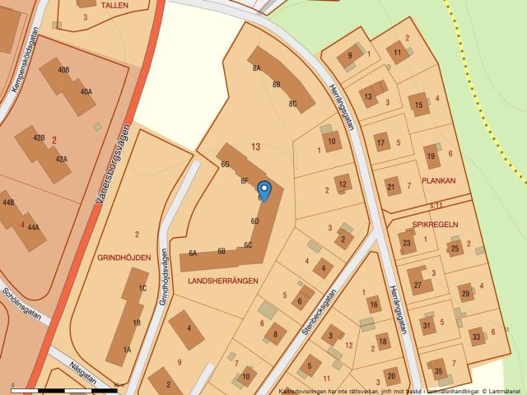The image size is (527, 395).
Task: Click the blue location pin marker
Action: point(263,189)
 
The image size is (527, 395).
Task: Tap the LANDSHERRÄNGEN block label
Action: point(223,281)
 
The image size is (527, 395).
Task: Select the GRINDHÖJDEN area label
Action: point(124,258)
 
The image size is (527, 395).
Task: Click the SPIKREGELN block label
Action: point(435,224)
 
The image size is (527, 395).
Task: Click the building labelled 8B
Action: point(277,84)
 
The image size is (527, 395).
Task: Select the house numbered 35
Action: point(439,370)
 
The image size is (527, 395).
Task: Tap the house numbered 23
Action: point(406,243)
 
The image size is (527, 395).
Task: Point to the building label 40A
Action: point(86,92)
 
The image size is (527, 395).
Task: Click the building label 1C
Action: point(142,289)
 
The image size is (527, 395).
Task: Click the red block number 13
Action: point(256,147)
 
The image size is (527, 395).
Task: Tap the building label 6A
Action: point(192,253)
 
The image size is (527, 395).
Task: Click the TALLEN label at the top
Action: point(114,5)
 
